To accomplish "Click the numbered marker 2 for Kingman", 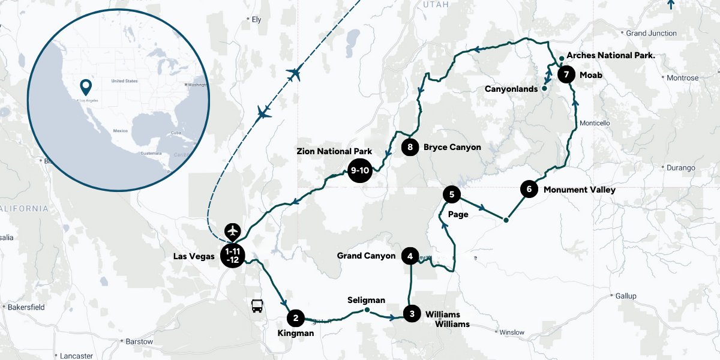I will click(x=295, y=318).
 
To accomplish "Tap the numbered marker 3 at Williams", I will click(x=411, y=313).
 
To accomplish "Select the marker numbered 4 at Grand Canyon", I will click(x=410, y=256).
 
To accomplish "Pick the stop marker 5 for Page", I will click(x=451, y=194).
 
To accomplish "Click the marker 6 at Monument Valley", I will click(x=529, y=189).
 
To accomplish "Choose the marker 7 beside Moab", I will click(x=566, y=74).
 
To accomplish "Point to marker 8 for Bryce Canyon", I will click(x=410, y=146).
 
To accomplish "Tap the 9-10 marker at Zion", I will click(x=359, y=170).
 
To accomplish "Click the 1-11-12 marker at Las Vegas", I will click(x=232, y=256).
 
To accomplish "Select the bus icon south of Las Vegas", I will click(x=257, y=306).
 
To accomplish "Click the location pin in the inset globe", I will click(x=86, y=88).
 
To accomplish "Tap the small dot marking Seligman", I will click(x=367, y=310).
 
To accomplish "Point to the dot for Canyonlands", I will click(x=544, y=88).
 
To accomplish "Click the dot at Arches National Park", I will click(x=561, y=58).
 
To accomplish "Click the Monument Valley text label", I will click(x=579, y=190).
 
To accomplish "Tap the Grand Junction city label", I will click(x=651, y=33).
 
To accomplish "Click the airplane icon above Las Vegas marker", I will click(x=232, y=231).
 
